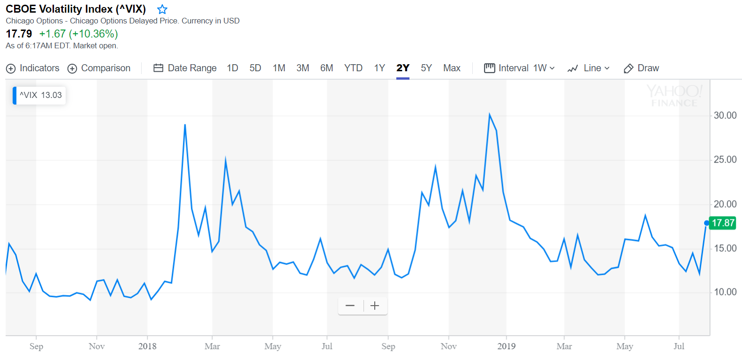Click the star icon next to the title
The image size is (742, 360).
tap(162, 9)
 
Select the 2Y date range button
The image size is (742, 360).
tap(403, 68)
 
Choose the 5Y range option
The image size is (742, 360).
tap(426, 68)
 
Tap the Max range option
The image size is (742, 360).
tap(452, 68)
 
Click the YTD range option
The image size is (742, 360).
tap(353, 68)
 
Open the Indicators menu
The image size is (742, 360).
tap(33, 68)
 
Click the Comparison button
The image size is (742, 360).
tap(99, 68)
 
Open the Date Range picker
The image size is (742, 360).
tap(185, 68)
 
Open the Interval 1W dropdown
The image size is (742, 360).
tap(520, 68)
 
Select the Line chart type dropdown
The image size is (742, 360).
tap(589, 68)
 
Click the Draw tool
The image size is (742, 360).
tap(641, 68)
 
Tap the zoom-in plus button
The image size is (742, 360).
tap(375, 306)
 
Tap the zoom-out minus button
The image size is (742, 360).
tap(350, 306)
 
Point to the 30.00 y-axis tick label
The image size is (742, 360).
tap(725, 115)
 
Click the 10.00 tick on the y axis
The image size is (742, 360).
tap(725, 292)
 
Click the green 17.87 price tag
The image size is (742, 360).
tap(723, 223)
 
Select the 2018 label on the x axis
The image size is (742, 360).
tap(147, 346)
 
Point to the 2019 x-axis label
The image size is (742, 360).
tap(506, 346)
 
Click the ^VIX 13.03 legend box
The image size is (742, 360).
tap(39, 95)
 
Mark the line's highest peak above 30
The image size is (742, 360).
tap(489, 114)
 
